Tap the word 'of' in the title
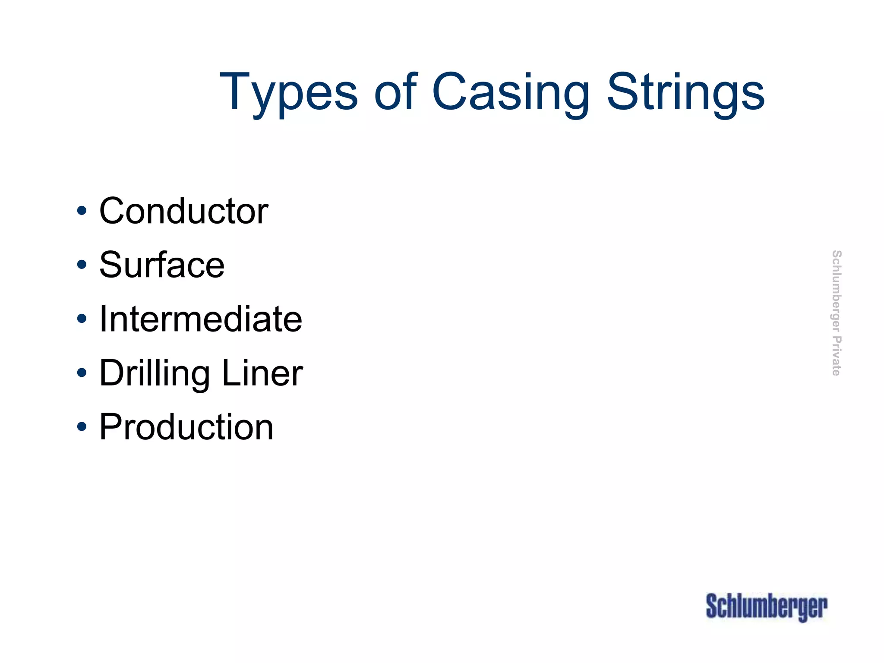[x=396, y=91]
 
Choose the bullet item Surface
[x=162, y=265]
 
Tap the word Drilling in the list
[x=155, y=374]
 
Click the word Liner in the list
[x=262, y=373]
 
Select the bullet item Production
[x=186, y=427]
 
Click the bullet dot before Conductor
[x=82, y=211]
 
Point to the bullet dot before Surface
[x=82, y=265]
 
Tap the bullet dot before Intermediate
[x=82, y=319]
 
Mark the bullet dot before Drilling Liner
[x=82, y=373]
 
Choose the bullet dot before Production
[x=82, y=427]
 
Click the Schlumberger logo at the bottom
[x=767, y=607]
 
